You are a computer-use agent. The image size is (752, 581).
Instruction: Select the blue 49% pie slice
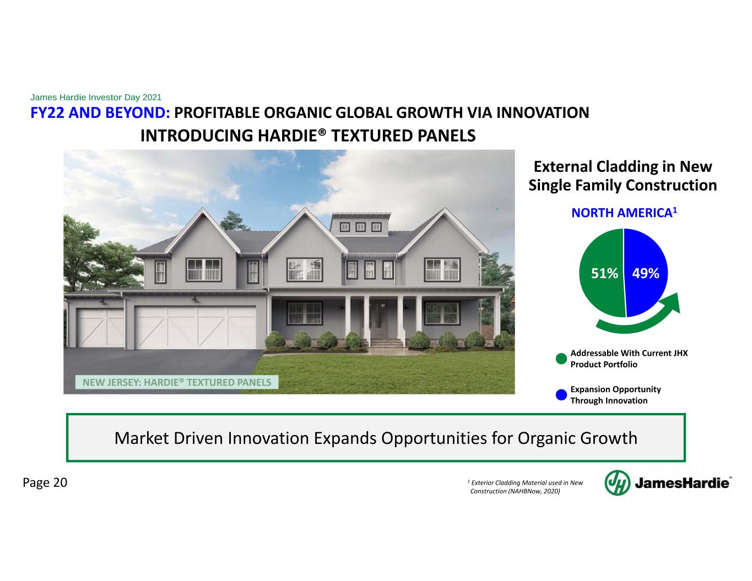646,273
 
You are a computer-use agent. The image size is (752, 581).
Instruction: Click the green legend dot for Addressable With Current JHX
561,359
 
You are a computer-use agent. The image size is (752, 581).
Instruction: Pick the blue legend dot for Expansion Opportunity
561,395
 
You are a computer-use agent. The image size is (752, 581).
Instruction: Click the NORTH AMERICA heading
624,213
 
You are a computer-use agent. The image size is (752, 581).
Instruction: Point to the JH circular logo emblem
618,483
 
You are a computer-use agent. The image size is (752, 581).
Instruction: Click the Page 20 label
45,482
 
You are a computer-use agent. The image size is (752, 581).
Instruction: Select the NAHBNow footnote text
525,487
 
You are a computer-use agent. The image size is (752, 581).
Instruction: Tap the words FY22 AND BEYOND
100,113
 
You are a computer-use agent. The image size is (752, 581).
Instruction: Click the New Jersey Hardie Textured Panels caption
177,382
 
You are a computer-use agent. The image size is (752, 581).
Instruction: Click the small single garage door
101,328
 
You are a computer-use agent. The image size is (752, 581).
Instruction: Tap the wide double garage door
196,328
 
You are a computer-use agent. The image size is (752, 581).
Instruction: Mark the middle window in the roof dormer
361,227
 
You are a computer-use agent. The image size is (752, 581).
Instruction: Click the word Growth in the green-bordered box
608,438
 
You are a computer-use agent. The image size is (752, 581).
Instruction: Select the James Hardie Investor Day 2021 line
96,97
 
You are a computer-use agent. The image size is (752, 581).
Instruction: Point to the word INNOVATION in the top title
543,113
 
